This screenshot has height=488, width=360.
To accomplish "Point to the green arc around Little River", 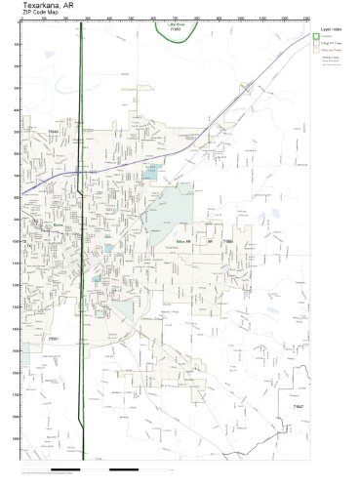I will pyautogui.click(x=176, y=39).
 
